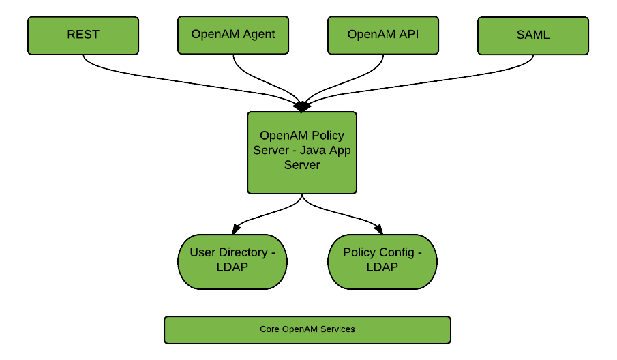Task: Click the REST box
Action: coord(83,35)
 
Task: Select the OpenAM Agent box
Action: coord(233,35)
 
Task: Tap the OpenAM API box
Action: coord(383,35)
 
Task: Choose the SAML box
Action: coord(533,35)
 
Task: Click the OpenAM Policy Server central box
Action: coord(301,153)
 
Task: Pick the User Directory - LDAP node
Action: coord(232,261)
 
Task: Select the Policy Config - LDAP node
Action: coord(382,261)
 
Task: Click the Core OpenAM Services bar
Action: coord(307,329)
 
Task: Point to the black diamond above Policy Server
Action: coord(301,106)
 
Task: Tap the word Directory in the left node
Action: coord(243,252)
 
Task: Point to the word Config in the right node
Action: coord(396,252)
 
